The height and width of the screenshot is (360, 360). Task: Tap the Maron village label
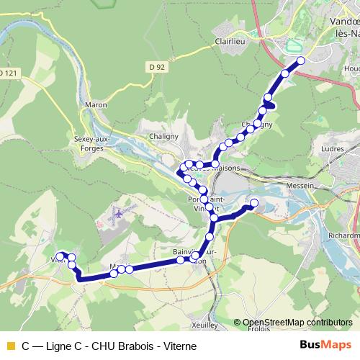point(96,105)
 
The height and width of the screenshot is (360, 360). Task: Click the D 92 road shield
point(158,68)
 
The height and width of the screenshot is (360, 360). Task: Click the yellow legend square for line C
point(9,346)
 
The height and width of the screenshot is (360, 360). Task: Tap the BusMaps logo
point(327,345)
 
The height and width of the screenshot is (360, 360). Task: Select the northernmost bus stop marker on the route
point(301,60)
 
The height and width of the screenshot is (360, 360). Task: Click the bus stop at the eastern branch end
point(253,202)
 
